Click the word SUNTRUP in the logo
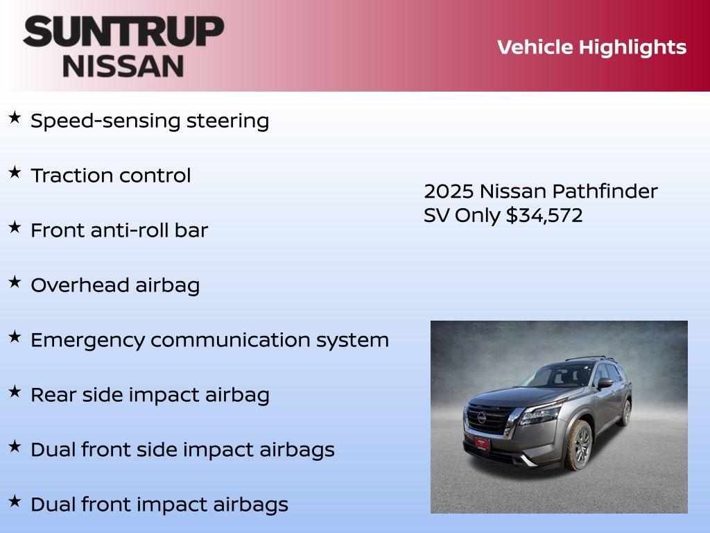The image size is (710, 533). coord(123,32)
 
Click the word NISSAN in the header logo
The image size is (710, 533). coord(123,66)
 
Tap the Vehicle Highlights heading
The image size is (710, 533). coord(591,47)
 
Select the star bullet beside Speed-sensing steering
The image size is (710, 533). coord(15,118)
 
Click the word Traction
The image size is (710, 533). coord(67,176)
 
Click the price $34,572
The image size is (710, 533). coord(544,215)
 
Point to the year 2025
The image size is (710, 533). coord(448,192)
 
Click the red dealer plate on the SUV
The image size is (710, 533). coord(481,442)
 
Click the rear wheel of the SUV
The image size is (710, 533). coord(626,412)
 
